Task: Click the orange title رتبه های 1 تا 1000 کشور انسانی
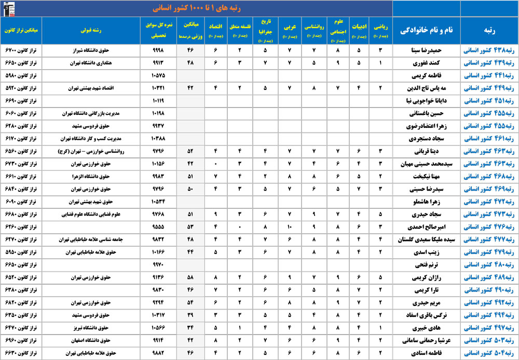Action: click(x=196, y=8)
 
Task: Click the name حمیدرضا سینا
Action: click(x=426, y=50)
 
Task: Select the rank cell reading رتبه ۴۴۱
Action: click(x=488, y=76)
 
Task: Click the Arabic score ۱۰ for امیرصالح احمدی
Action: click(x=290, y=227)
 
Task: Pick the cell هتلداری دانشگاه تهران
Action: click(x=95, y=63)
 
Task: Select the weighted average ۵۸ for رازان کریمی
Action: click(x=190, y=277)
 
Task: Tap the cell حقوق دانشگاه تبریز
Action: click(x=95, y=328)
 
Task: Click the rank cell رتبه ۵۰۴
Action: click(x=488, y=353)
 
